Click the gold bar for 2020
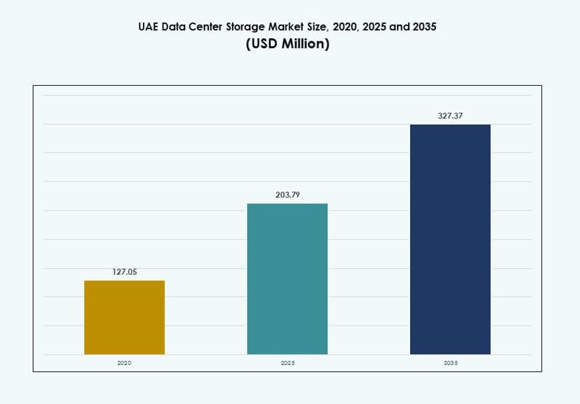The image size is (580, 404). [124, 317]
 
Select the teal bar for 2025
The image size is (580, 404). [287, 279]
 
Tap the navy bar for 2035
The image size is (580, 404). [450, 239]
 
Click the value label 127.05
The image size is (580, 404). [124, 272]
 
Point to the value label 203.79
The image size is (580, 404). [287, 195]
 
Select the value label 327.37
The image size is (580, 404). [450, 116]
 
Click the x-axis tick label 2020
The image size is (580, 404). [124, 363]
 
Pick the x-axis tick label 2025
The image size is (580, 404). [287, 363]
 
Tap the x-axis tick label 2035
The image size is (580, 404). [450, 363]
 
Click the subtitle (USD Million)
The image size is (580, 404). [287, 44]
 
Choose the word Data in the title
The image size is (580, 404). [174, 27]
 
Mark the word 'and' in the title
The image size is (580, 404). [399, 27]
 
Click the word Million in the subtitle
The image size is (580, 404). [304, 44]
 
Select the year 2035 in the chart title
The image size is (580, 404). [424, 27]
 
